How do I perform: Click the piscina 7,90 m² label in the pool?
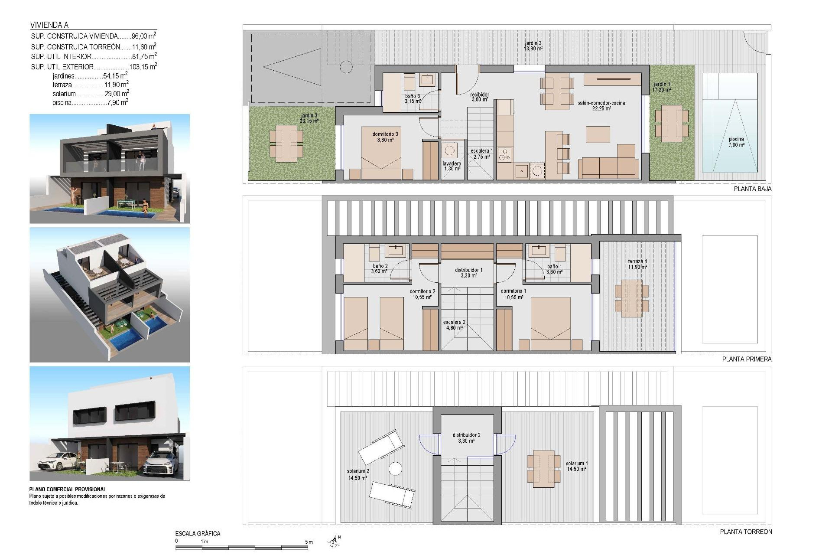[736, 142]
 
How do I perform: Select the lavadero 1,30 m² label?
[452, 166]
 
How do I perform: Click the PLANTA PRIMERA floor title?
[747, 359]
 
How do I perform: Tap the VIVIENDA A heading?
[49, 25]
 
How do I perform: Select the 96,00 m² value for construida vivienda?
[143, 36]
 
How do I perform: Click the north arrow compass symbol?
[334, 541]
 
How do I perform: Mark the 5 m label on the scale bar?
[309, 542]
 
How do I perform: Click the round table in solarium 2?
[395, 469]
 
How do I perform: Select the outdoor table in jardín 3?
[286, 144]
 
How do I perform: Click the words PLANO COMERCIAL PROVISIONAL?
[68, 489]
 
